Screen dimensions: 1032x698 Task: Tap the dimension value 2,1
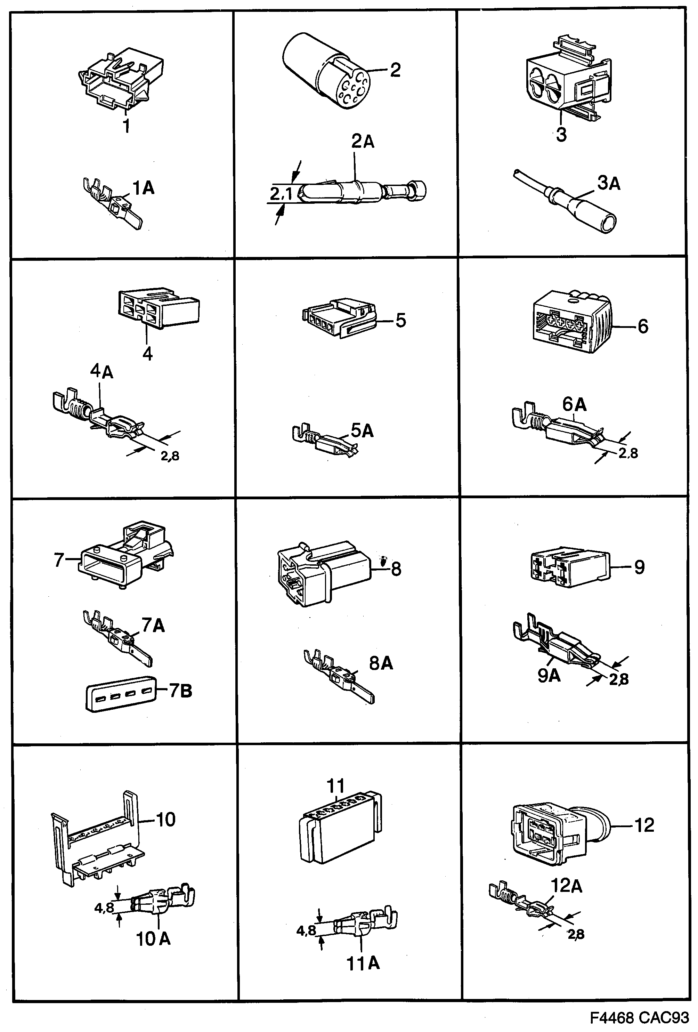281,194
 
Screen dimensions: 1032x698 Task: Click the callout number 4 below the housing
147,354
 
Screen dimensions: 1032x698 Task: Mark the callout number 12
644,825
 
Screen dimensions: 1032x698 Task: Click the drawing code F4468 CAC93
639,1017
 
